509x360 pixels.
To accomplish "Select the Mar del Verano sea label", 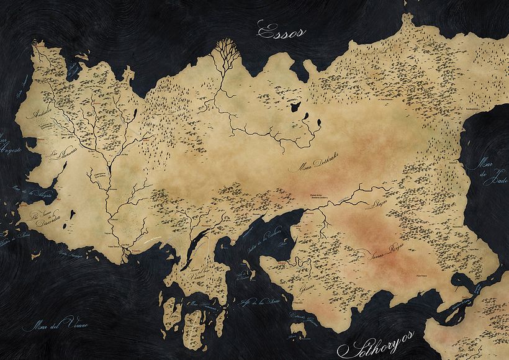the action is (x=54, y=323).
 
